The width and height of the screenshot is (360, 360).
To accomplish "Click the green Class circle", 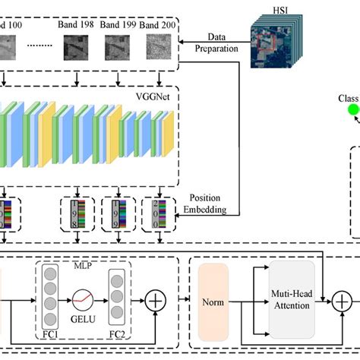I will [354, 110].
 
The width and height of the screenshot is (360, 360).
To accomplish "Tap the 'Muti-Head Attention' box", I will [292, 301].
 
